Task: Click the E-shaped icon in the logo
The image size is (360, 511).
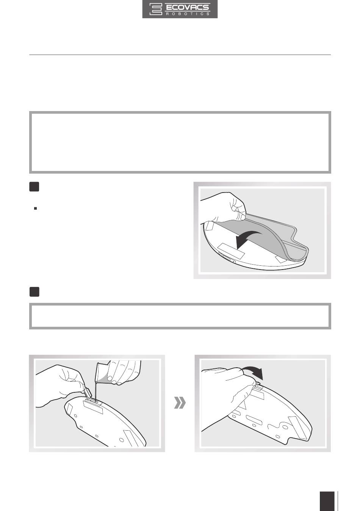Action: [156, 9]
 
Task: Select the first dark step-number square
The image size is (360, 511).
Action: [34, 187]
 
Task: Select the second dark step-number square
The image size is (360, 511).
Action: [34, 292]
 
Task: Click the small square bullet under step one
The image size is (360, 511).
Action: [35, 208]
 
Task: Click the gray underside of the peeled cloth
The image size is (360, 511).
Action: [251, 230]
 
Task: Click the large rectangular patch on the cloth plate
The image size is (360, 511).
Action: [231, 251]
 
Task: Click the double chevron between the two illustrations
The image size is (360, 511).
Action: [180, 403]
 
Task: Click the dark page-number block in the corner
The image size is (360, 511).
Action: [327, 500]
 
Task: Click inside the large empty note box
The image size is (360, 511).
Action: [180, 143]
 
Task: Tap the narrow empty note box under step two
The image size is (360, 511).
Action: [180, 316]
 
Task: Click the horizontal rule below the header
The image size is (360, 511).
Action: [180, 55]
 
